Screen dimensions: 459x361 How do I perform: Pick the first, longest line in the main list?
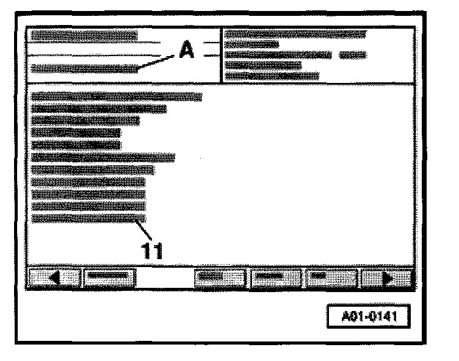116,96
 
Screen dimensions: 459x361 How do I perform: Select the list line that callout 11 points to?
89,218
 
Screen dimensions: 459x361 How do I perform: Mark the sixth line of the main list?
103,157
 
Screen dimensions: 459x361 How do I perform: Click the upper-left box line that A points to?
84,69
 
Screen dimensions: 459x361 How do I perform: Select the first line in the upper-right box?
295,34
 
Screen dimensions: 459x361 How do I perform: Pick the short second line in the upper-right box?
251,45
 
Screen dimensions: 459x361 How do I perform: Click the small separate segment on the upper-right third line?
353,55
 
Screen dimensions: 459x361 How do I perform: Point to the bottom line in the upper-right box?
272,76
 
